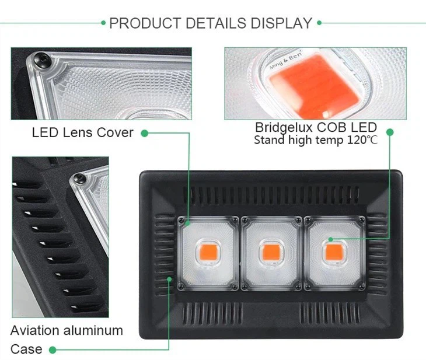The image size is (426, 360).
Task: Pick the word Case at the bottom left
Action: point(26,349)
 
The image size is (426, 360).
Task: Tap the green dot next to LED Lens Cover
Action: point(145,133)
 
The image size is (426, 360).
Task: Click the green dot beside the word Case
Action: point(53,350)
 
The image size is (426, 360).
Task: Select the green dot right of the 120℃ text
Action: point(390,133)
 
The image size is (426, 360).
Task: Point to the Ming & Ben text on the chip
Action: point(284,64)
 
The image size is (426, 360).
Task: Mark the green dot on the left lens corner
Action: point(188,222)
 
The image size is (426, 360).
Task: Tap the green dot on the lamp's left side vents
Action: point(170,279)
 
